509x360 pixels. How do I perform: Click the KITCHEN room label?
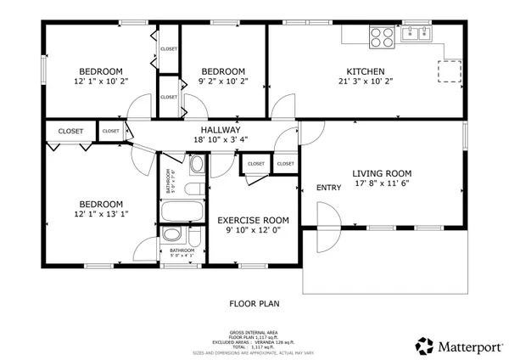pyautogui.click(x=366, y=71)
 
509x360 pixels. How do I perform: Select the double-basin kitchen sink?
pyautogui.click(x=416, y=34)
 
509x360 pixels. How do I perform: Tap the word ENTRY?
pyautogui.click(x=328, y=188)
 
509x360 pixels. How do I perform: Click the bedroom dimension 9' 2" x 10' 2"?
pyautogui.click(x=223, y=82)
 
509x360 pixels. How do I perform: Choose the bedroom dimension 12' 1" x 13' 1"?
pyautogui.click(x=101, y=216)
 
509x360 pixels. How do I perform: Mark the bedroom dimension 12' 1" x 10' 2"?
pyautogui.click(x=101, y=82)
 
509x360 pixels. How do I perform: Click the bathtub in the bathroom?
pyautogui.click(x=182, y=211)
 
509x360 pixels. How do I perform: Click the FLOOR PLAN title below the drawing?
pyautogui.click(x=255, y=302)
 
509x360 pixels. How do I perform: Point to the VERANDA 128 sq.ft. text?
pyautogui.click(x=273, y=341)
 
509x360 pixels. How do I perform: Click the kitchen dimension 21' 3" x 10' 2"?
pyautogui.click(x=366, y=82)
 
